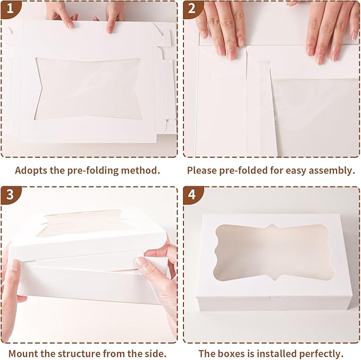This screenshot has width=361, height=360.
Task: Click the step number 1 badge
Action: click(10, 9)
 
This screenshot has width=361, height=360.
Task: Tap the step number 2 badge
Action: click(192, 9)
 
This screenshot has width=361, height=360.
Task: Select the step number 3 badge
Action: click(10, 195)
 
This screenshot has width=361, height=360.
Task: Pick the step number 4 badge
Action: click(192, 195)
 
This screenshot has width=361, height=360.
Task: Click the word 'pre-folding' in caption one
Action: click(93, 171)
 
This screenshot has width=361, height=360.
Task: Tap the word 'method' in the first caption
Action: click(140, 170)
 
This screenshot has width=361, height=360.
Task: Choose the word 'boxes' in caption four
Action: click(230, 353)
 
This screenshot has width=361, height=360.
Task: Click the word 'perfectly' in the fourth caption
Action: click(322, 354)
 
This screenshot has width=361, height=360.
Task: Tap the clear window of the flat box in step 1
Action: click(89, 89)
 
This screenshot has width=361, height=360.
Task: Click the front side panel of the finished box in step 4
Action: click(274, 303)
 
